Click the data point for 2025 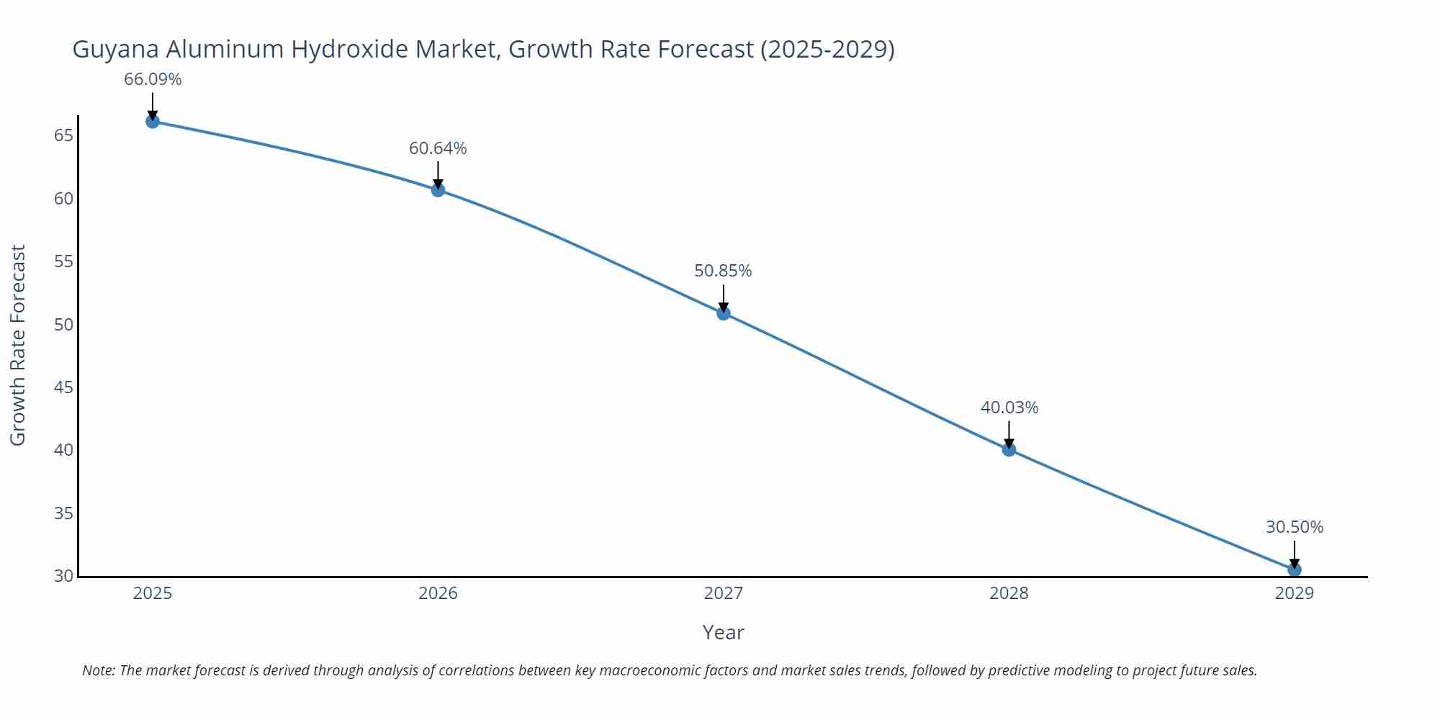(x=153, y=121)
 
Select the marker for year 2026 (x=438, y=190)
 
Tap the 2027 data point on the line (x=724, y=313)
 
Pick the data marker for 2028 (x=1009, y=449)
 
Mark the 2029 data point (x=1294, y=570)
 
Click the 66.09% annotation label (x=153, y=79)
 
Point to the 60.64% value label (x=438, y=148)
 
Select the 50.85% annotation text (x=723, y=271)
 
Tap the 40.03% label (x=1009, y=408)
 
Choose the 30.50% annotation (x=1295, y=527)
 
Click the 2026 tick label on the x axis (x=438, y=593)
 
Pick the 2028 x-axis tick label (x=1009, y=593)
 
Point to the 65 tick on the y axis (x=63, y=135)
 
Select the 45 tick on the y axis (x=63, y=387)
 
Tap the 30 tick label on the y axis (x=63, y=576)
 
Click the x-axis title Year (x=723, y=632)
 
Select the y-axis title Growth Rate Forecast (x=18, y=345)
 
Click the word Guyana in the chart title (x=116, y=49)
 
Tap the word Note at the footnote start (x=98, y=670)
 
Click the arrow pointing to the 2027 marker (x=724, y=297)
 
